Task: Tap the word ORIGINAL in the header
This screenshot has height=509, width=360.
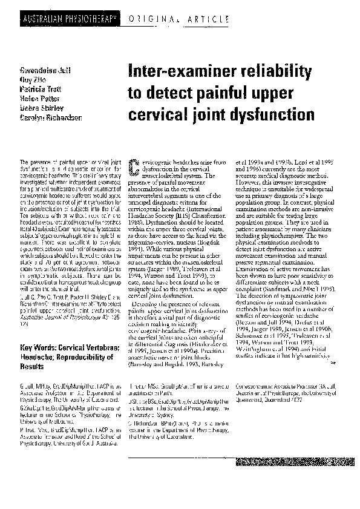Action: pos(147,20)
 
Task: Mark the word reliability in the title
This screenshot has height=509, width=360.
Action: pos(277,73)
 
